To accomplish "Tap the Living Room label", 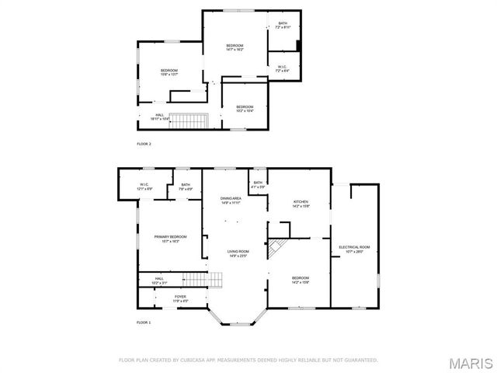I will coord(238,253).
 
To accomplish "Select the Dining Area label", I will coord(231,200).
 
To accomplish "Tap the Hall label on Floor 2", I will coord(158,117).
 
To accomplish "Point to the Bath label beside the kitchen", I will coord(257,184).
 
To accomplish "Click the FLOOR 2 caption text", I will coord(144,145).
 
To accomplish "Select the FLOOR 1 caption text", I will coord(144,322).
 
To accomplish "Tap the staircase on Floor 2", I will coord(190,120).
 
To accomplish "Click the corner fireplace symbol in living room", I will coord(276,249).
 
